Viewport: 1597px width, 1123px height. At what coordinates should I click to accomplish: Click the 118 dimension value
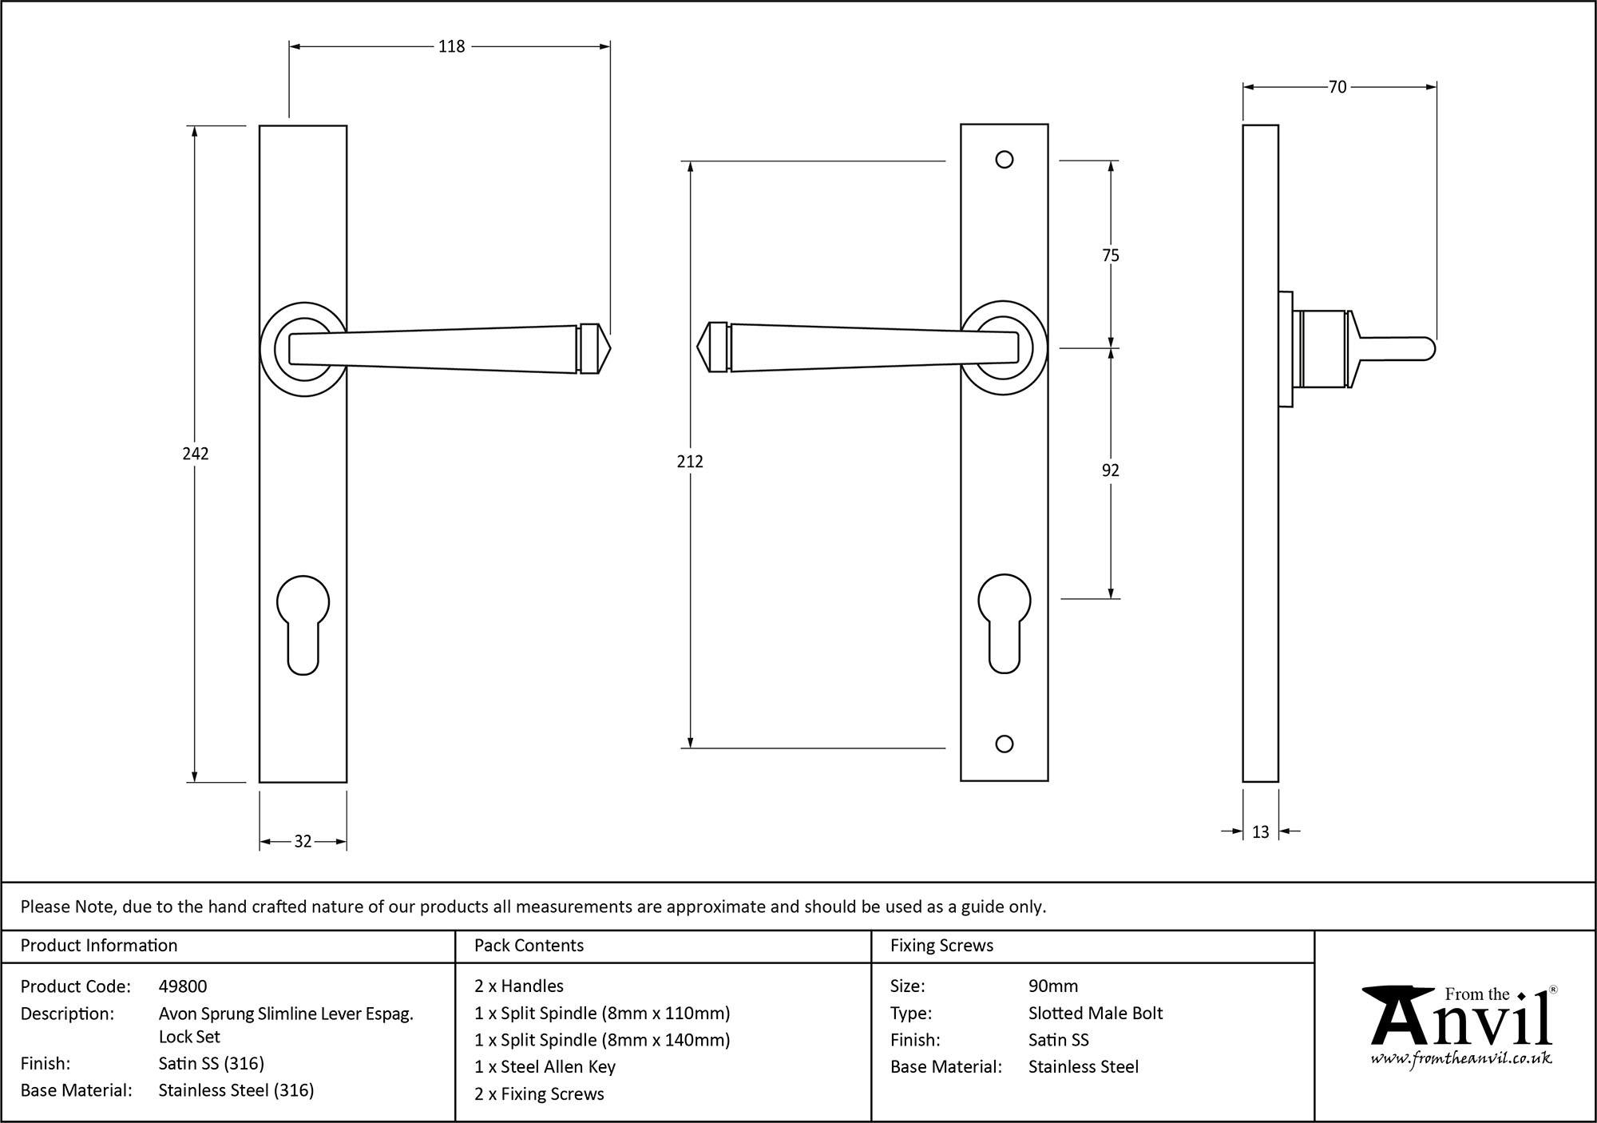click(451, 46)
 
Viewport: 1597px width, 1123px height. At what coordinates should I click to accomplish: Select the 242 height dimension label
click(195, 454)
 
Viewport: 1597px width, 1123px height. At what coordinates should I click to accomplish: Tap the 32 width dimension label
click(303, 841)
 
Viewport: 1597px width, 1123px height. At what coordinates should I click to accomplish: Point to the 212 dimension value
click(690, 462)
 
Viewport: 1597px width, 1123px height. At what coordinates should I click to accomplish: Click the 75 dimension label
click(1111, 256)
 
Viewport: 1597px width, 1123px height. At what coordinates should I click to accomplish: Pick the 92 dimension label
click(1111, 470)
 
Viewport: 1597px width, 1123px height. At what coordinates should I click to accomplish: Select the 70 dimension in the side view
click(1337, 87)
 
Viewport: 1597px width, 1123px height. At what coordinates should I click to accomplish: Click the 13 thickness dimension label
click(1260, 832)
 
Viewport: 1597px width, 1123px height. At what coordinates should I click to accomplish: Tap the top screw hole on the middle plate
click(1005, 160)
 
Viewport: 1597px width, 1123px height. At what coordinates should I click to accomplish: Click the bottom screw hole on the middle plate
click(1005, 744)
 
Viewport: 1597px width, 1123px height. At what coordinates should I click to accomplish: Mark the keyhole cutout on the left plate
click(303, 623)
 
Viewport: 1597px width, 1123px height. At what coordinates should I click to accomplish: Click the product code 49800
click(183, 986)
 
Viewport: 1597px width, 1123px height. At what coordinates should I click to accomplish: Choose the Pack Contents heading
click(529, 946)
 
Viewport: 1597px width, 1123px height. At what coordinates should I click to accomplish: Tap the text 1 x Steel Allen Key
click(545, 1067)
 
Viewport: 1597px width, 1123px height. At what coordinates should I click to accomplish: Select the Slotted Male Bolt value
click(1095, 1014)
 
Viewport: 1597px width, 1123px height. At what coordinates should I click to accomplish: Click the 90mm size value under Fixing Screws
click(1052, 986)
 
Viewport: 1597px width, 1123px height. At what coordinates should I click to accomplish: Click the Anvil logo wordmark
click(1461, 1022)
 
